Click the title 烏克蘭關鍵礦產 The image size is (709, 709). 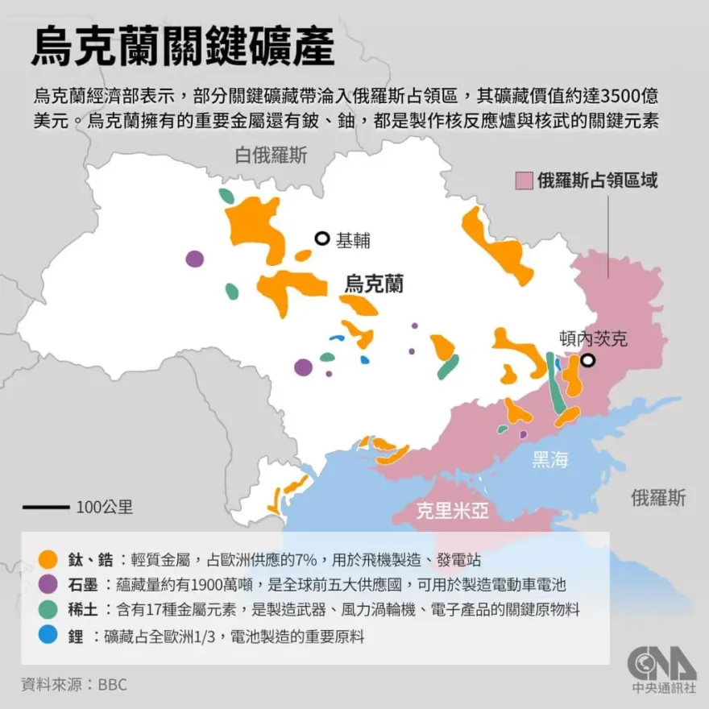tap(182, 47)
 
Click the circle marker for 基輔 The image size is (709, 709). tap(322, 238)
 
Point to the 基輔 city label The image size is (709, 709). tap(353, 239)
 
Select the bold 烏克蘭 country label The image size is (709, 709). tap(374, 284)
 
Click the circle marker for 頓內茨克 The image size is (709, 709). tap(589, 361)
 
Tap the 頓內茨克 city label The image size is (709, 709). tap(592, 338)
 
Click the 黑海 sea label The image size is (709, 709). tap(550, 460)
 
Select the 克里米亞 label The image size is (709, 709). tap(452, 511)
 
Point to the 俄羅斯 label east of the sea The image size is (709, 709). tap(658, 497)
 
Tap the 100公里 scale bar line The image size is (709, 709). tap(46, 508)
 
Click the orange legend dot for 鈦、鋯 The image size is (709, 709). tap(48, 559)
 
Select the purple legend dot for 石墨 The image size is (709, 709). tap(48, 584)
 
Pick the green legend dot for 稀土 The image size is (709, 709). tap(48, 610)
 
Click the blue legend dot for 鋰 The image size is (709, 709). tap(48, 636)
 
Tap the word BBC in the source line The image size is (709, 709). tap(113, 685)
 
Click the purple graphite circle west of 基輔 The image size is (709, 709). tap(194, 259)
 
